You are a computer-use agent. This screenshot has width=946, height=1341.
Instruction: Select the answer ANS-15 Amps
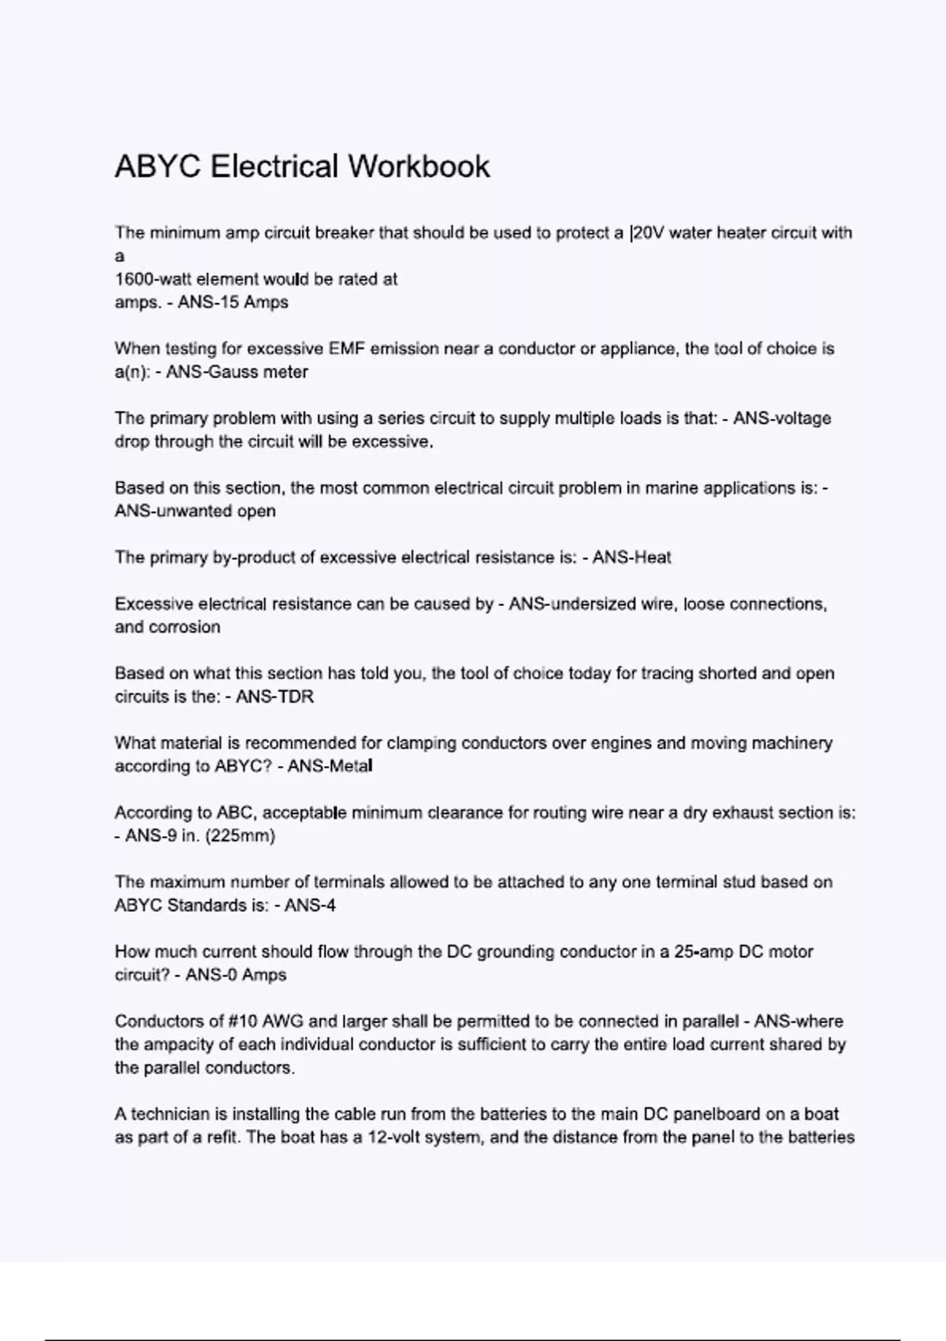pyautogui.click(x=233, y=302)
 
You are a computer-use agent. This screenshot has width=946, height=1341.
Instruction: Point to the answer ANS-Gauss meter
pyautogui.click(x=237, y=372)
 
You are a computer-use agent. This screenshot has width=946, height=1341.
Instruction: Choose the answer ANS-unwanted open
pyautogui.click(x=195, y=511)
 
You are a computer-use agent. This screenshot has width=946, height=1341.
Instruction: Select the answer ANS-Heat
pyautogui.click(x=631, y=558)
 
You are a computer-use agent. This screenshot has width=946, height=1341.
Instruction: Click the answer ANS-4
pyautogui.click(x=310, y=906)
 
